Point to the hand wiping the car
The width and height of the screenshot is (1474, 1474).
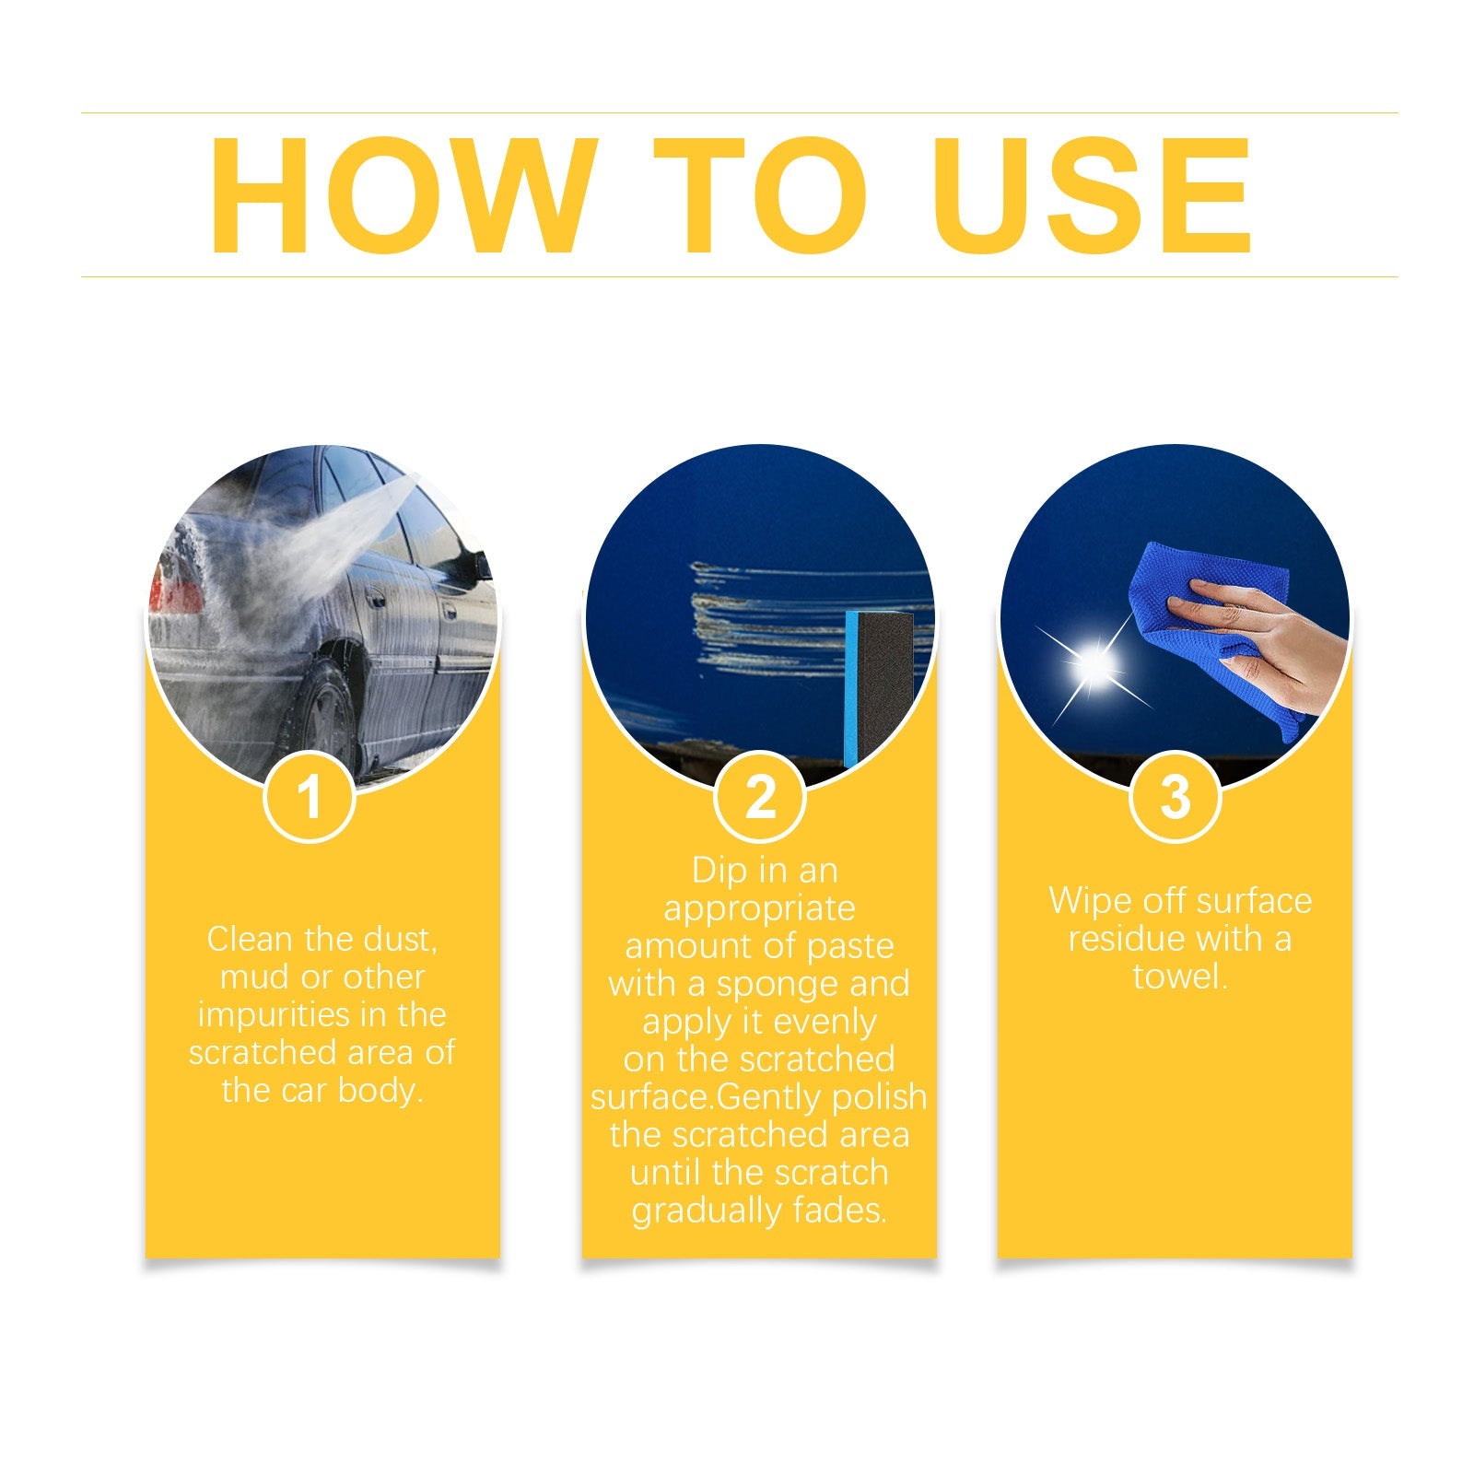[1262, 636]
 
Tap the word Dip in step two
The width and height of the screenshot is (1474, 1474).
[719, 871]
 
